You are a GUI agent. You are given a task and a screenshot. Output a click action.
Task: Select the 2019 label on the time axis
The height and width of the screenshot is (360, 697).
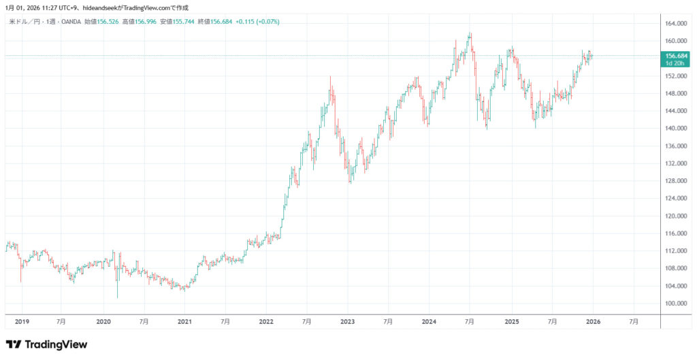tap(22, 321)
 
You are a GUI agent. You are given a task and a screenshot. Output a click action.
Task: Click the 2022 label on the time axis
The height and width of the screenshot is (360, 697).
tap(266, 321)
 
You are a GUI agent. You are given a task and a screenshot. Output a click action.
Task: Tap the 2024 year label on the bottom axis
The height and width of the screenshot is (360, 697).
tap(429, 321)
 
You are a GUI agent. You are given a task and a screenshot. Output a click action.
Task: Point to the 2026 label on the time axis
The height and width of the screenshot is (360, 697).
tap(592, 321)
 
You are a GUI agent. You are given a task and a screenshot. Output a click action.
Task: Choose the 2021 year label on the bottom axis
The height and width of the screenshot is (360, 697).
tap(184, 321)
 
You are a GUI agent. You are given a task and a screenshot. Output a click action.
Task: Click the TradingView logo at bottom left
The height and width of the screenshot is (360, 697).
tap(46, 344)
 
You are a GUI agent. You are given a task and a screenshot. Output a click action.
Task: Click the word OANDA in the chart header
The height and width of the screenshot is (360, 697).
tap(71, 22)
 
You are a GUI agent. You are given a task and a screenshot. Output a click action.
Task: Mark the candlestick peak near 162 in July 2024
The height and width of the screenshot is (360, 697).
tap(470, 33)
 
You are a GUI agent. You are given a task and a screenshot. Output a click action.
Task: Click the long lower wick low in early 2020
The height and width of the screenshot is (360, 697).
tap(117, 297)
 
